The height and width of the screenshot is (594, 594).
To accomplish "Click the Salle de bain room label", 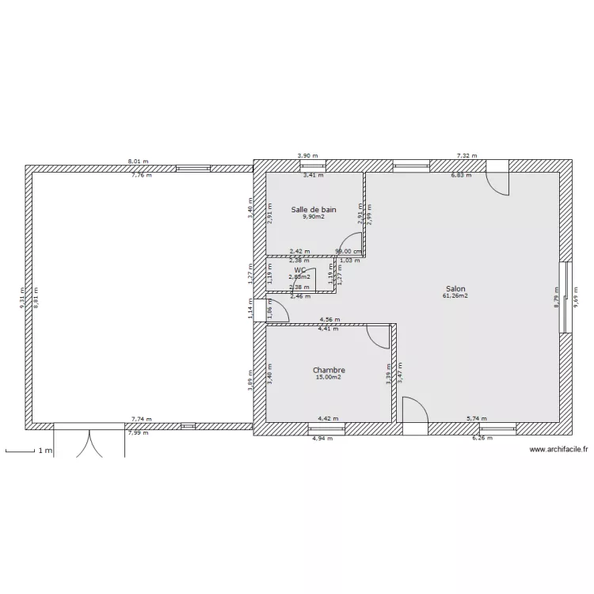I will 314,210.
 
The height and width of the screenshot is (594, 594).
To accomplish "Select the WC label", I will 300,270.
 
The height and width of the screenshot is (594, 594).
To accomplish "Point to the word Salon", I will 455,289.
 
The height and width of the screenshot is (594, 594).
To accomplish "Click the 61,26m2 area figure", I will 455,296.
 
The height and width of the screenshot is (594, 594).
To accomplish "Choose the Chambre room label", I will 329,370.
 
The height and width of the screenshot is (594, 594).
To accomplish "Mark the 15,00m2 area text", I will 329,377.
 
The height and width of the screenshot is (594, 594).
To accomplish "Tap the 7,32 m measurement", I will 467,157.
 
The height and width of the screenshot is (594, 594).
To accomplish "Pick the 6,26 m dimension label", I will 482,438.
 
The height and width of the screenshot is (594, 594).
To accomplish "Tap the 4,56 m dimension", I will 329,320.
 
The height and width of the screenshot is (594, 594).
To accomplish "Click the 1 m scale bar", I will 29,451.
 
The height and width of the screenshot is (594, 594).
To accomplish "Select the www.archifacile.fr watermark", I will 558,451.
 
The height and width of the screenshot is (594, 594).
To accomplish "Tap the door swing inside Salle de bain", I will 351,244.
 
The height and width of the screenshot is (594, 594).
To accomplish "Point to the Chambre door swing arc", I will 379,337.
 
